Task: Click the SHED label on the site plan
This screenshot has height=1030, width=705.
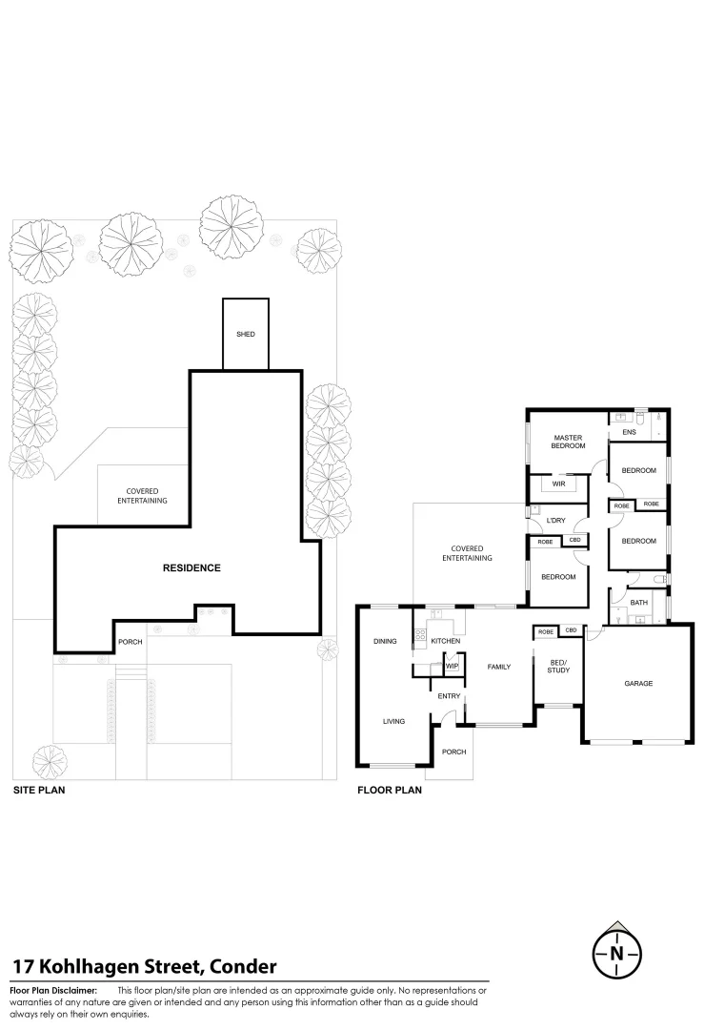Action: tap(246, 335)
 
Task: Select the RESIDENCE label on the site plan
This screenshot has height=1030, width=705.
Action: tap(191, 568)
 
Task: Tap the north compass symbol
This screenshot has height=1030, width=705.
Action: tap(617, 951)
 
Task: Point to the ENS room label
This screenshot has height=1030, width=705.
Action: tap(629, 433)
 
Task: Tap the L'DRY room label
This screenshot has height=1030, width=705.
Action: tap(555, 521)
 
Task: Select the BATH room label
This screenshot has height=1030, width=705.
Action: tap(638, 603)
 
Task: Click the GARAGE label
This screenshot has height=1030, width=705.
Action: tap(638, 684)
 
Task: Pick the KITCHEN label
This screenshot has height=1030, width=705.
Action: tap(445, 641)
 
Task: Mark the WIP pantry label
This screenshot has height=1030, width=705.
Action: tap(452, 666)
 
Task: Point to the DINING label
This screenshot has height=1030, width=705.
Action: tap(385, 641)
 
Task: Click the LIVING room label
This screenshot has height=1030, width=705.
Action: tap(394, 722)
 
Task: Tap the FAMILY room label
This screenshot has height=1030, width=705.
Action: tap(500, 667)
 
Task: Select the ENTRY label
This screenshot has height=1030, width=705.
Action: tap(449, 696)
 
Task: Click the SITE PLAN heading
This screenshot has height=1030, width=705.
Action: tap(38, 791)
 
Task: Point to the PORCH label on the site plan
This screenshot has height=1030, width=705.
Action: tap(130, 642)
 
